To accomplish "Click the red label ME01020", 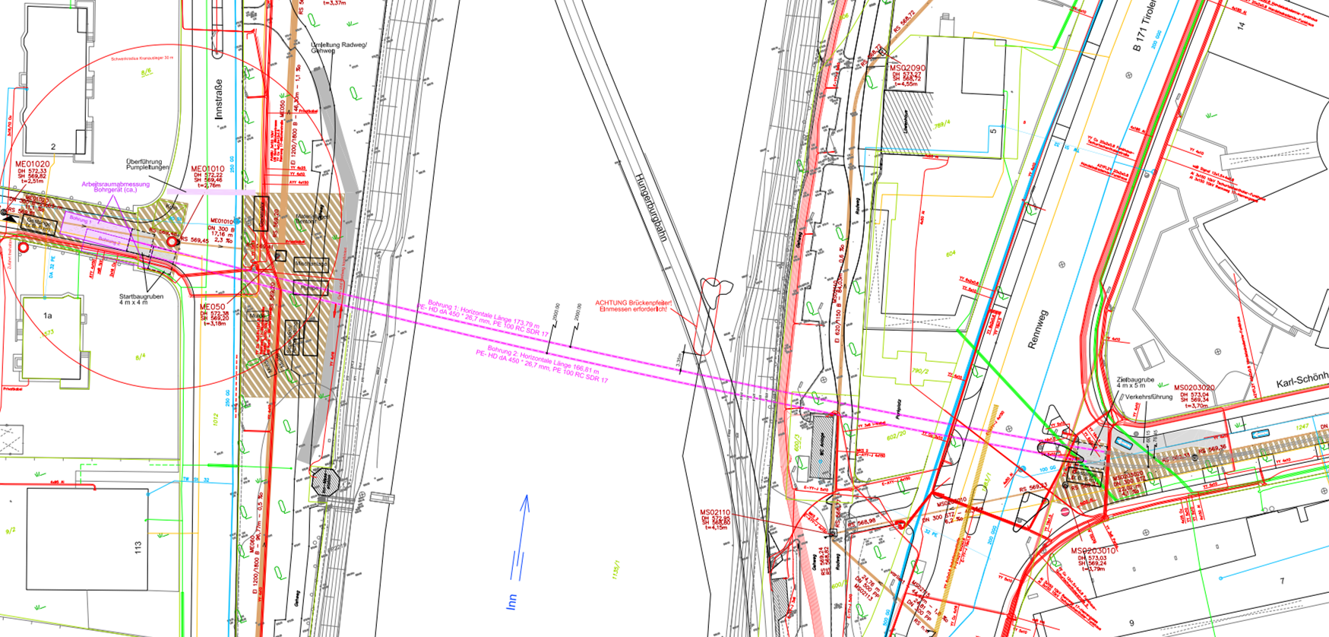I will (32, 163).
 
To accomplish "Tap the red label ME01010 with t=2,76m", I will (207, 169).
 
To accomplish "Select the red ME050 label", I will (213, 307).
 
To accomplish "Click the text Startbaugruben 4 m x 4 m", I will (141, 299).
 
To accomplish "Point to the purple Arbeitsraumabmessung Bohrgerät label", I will (115, 186).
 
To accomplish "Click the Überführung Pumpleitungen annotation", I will (147, 164).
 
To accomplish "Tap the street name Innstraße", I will (219, 99).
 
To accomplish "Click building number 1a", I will (47, 315).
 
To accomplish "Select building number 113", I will (138, 547).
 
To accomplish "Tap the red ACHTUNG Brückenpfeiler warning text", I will (633, 306).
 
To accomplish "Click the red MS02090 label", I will (907, 68).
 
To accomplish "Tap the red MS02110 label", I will (714, 512).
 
